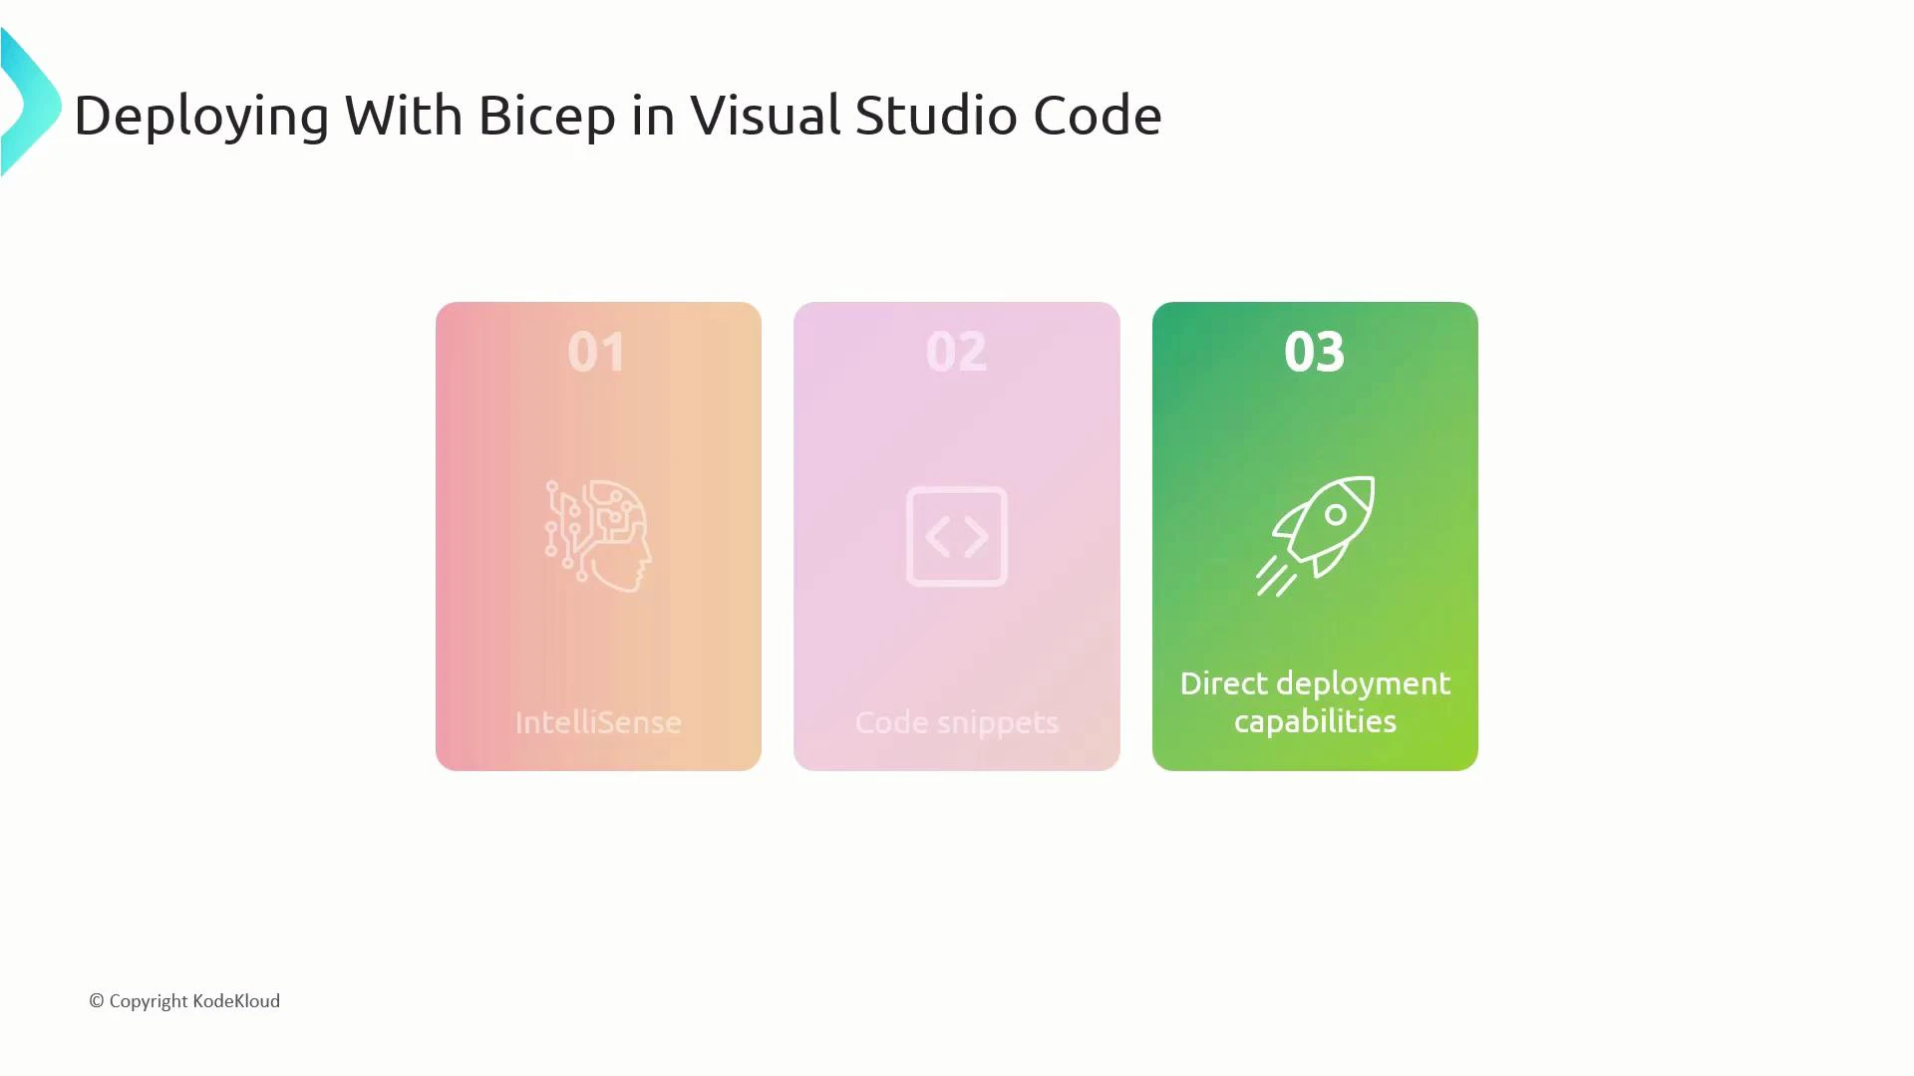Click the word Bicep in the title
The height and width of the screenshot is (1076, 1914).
[546, 116]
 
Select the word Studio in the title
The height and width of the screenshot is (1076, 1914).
[937, 116]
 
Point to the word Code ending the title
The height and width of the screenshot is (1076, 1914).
[1097, 116]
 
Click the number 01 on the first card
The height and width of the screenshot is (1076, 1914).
[597, 352]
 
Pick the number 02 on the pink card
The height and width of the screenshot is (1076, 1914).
[956, 352]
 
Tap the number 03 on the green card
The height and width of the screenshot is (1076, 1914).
[1314, 352]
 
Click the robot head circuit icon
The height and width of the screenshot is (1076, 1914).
[598, 536]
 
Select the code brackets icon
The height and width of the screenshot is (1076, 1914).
[957, 536]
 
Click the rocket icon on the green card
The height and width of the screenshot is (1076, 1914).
[1315, 536]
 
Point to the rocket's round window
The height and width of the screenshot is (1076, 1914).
[1335, 515]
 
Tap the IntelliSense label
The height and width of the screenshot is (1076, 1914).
[598, 722]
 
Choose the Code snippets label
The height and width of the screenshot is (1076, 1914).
[957, 722]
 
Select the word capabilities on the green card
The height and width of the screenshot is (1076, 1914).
[1315, 721]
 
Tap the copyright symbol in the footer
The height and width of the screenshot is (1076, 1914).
[97, 1001]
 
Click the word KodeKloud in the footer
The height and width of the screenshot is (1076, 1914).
[236, 1001]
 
